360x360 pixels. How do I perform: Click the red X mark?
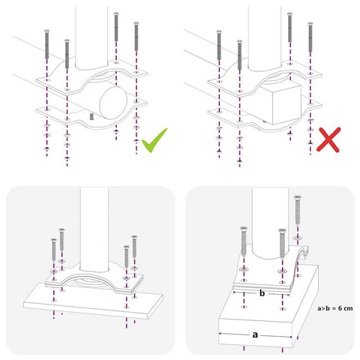(328, 139)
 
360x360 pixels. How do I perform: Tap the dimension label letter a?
(255, 334)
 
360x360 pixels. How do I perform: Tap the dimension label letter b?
(262, 293)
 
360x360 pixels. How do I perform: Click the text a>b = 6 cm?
(335, 308)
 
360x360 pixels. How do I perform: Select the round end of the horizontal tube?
(113, 103)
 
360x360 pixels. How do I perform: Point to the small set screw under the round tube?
(91, 116)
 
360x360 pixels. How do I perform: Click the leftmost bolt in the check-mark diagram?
(46, 44)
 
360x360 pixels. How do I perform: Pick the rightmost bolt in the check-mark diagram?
(136, 36)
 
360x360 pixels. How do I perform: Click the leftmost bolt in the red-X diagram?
(219, 45)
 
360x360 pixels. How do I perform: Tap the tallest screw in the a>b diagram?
(298, 210)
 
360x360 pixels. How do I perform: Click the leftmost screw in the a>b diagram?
(244, 241)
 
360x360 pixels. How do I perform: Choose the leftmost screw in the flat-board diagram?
(54, 250)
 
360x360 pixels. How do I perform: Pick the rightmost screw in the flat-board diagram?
(134, 247)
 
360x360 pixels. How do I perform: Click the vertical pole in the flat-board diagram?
(94, 229)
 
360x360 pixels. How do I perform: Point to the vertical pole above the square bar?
(265, 39)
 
